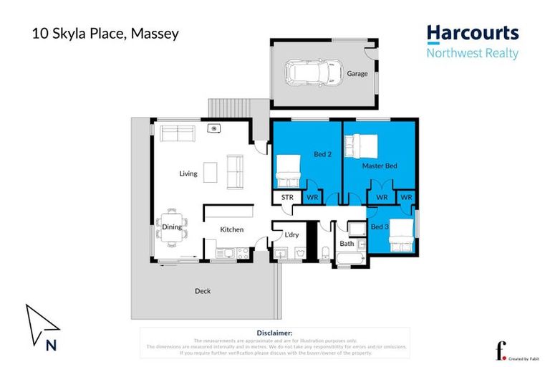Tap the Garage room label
click(x=357, y=73)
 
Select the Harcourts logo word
click(x=472, y=33)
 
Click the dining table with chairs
click(x=173, y=227)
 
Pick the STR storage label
click(x=287, y=197)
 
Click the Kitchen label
click(x=231, y=229)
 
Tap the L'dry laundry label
click(x=291, y=234)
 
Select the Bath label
click(x=347, y=244)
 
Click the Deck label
click(x=203, y=291)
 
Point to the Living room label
click(x=188, y=173)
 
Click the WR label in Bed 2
click(x=312, y=197)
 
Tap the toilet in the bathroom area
click(x=326, y=252)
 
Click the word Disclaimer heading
click(x=274, y=333)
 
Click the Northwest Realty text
click(x=472, y=53)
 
